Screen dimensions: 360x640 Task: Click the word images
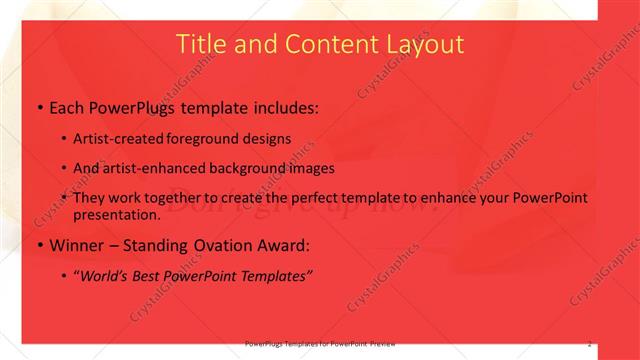tap(310, 168)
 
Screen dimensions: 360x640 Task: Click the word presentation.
tap(115, 214)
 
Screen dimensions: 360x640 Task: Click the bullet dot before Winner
tap(39, 246)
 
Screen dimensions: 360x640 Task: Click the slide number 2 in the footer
tap(590, 343)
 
